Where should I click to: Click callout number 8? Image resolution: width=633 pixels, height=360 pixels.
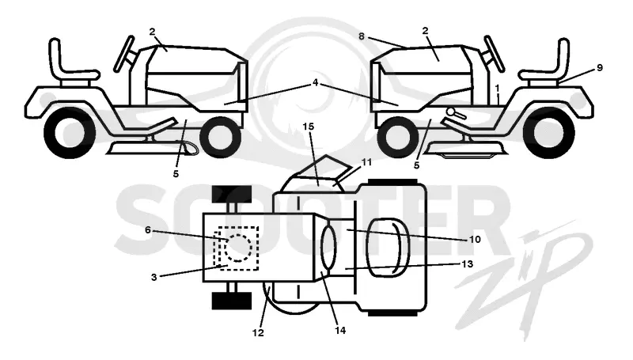362,36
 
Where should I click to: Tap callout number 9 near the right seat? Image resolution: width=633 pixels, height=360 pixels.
600,68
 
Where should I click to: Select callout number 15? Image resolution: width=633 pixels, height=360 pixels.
308,127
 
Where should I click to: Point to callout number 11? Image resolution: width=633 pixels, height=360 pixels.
366,162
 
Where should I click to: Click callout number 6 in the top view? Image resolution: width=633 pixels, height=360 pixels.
148,230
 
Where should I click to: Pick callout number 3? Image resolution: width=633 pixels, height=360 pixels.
154,277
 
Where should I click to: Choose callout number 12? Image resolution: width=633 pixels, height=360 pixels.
258,332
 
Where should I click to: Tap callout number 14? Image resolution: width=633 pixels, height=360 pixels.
340,330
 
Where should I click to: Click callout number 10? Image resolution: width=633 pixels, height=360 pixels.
476,239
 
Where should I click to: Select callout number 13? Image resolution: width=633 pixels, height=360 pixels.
467,264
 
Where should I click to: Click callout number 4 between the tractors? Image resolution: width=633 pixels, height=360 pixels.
315,83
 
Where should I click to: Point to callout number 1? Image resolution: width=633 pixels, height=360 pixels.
498,88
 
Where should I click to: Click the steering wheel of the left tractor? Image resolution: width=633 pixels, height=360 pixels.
124,54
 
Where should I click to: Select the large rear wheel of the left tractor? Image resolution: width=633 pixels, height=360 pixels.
70,132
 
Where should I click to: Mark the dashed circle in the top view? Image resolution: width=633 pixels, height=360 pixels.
239,248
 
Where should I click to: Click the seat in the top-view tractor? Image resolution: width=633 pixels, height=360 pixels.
388,248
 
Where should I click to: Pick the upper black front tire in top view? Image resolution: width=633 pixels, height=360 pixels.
232,194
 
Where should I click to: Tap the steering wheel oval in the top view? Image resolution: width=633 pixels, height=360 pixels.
328,248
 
